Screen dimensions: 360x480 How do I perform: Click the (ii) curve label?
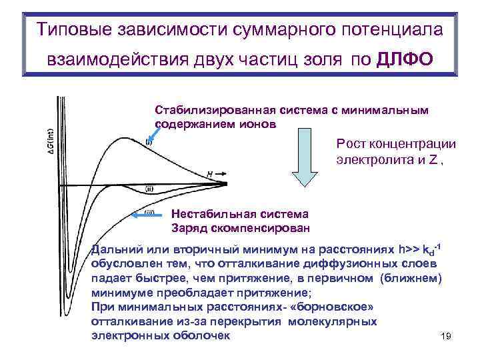click(150, 189)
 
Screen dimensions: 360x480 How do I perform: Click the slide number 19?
click(446, 337)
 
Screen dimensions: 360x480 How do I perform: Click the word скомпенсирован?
click(257, 227)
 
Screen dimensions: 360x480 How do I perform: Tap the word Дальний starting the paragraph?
click(114, 251)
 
